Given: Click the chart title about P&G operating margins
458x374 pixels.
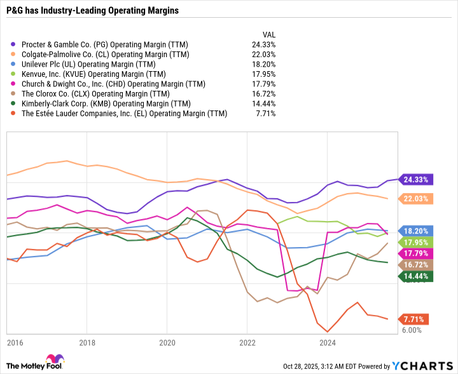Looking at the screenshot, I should pyautogui.click(x=92, y=11).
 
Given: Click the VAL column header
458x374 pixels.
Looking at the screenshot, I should pyautogui.click(x=269, y=34).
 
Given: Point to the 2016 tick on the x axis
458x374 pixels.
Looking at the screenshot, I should pyautogui.click(x=15, y=343).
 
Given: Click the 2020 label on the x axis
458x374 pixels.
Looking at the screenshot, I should pyautogui.click(x=167, y=343).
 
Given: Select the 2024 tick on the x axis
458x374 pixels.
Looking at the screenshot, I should pyautogui.click(x=327, y=343).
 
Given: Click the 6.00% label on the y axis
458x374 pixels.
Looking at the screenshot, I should pyautogui.click(x=412, y=330).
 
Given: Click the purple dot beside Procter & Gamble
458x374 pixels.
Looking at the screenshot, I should pyautogui.click(x=14, y=44).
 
